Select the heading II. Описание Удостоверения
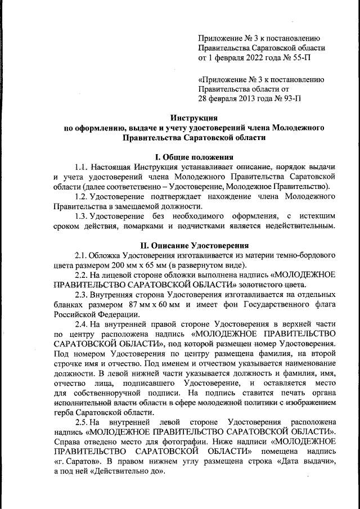tap(194, 246)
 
